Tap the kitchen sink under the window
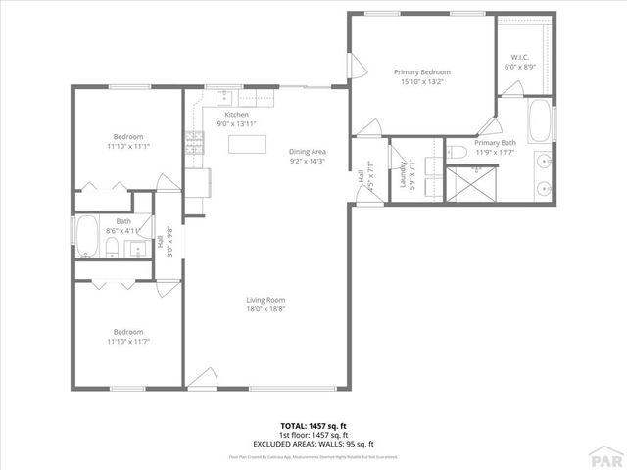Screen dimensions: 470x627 [225, 96]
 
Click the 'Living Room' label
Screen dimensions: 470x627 [265, 300]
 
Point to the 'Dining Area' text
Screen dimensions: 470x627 [307, 152]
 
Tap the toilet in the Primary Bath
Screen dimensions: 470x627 [460, 152]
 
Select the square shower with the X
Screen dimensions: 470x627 [475, 183]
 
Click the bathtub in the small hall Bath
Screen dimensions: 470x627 [86, 238]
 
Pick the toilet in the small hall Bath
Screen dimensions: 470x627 [113, 246]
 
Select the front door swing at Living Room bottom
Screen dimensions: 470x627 [202, 378]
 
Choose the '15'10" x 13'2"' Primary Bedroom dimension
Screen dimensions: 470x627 [421, 82]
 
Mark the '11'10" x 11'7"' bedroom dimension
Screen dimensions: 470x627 [129, 341]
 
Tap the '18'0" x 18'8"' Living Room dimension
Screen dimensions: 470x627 [265, 309]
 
